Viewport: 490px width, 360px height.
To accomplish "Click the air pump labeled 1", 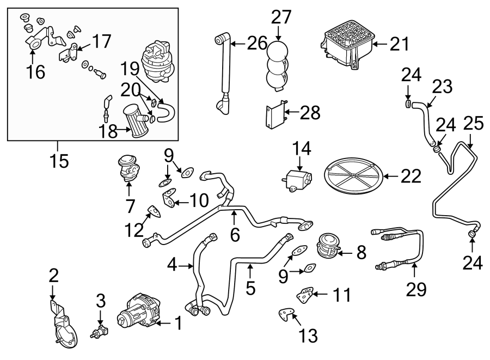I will click(x=135, y=313).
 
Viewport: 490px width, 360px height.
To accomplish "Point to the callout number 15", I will click(x=60, y=161).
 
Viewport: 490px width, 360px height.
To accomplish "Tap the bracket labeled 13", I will click(x=285, y=315).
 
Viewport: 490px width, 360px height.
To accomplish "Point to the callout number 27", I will click(x=282, y=16).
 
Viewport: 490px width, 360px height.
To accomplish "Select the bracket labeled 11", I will click(x=305, y=296).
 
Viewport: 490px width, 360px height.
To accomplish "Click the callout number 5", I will click(x=250, y=288).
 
